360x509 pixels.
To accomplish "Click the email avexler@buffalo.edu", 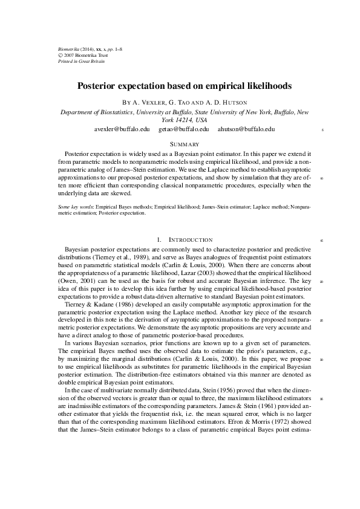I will pyautogui.click(x=122, y=129).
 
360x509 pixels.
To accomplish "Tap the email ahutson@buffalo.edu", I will pyautogui.click(x=246, y=129).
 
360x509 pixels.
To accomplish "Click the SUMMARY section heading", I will pyautogui.click(x=185, y=144).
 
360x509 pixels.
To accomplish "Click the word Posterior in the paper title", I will pyautogui.click(x=100, y=86).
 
